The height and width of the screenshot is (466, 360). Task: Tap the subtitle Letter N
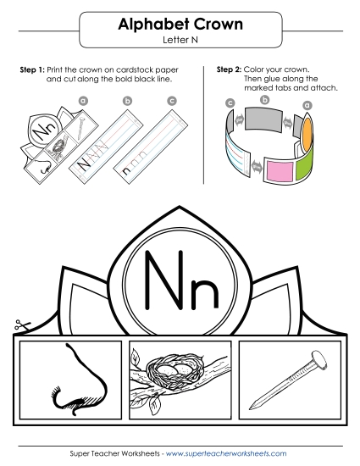(180, 41)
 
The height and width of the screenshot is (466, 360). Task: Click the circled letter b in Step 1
(127, 102)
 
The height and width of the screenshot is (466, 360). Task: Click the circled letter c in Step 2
(230, 103)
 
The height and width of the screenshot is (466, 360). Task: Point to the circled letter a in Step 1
(83, 100)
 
